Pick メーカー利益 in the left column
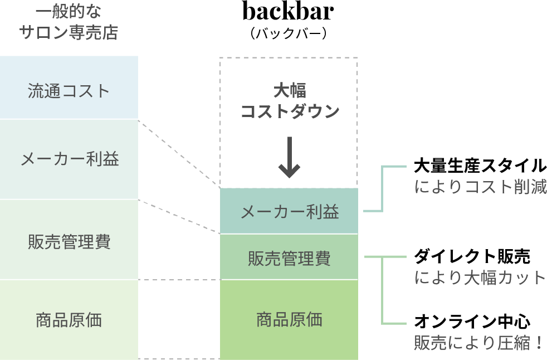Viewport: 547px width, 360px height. click(x=69, y=159)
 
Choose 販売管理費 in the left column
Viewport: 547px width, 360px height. click(x=69, y=242)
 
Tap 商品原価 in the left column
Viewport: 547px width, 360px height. click(x=69, y=320)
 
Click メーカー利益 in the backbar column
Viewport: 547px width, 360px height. click(x=289, y=212)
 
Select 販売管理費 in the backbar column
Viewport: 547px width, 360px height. click(x=289, y=259)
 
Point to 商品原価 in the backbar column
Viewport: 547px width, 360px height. click(x=289, y=320)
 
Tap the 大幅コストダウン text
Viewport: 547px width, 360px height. click(x=289, y=101)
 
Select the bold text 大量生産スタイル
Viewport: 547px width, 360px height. click(x=480, y=166)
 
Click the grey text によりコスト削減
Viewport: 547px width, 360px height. click(x=480, y=187)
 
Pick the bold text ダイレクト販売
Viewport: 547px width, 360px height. click(x=472, y=256)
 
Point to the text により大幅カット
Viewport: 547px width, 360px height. click(x=480, y=278)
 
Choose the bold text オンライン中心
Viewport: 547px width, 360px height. click(x=472, y=322)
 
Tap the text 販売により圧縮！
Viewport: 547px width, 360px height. click(x=478, y=343)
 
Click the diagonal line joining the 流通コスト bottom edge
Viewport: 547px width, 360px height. click(x=179, y=153)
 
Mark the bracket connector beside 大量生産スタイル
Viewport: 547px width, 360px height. click(x=382, y=189)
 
